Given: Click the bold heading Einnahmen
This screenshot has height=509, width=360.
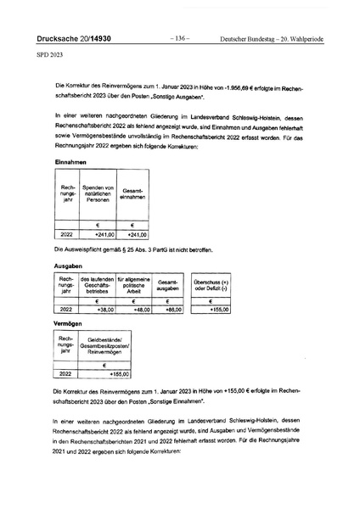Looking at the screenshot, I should [70, 161].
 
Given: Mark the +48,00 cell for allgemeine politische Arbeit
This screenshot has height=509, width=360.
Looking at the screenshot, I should [138, 310].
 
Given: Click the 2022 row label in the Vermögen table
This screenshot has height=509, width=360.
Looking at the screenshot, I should [66, 373].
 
